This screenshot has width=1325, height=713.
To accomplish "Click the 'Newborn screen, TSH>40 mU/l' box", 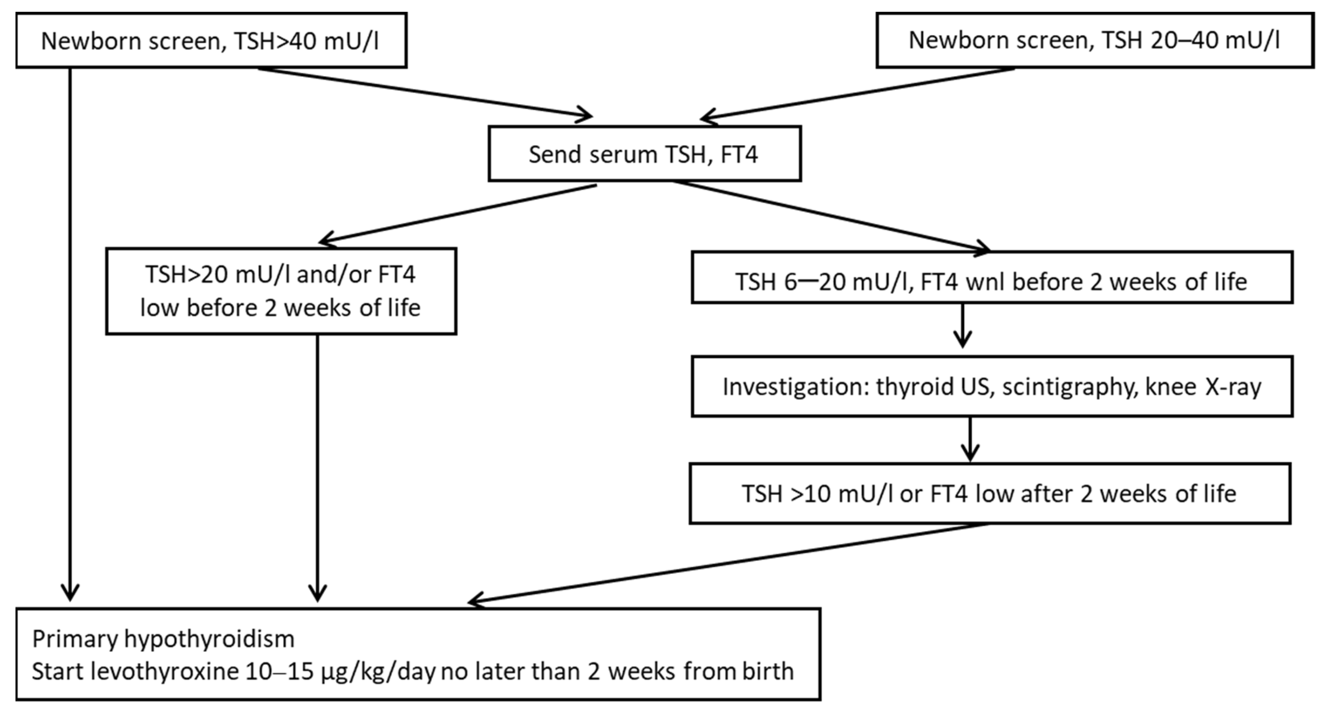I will coord(211,41).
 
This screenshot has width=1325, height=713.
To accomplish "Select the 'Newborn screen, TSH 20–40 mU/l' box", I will coord(1095,41).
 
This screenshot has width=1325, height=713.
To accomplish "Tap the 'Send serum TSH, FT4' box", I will coord(644,154).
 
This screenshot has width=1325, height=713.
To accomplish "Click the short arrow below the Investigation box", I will coord(970,438).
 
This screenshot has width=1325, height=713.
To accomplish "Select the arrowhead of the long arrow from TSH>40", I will coord(70,592).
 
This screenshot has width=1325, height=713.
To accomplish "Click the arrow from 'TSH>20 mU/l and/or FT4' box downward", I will coord(317,463).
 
